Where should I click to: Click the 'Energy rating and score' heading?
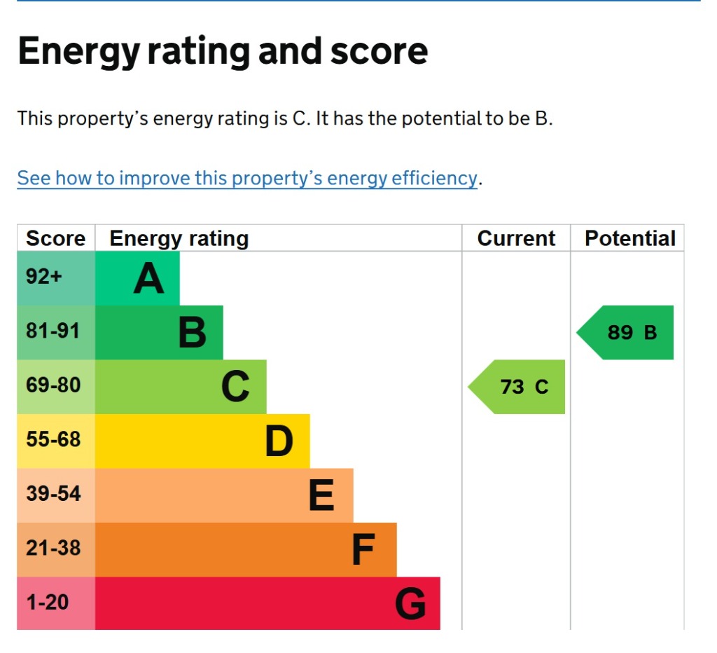[223, 52]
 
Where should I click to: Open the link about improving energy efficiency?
[247, 178]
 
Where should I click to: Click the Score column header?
[55, 239]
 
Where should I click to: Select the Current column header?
[516, 239]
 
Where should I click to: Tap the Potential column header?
[629, 239]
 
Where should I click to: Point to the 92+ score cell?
[45, 277]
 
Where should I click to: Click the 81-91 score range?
[53, 331]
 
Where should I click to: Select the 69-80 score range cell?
[53, 385]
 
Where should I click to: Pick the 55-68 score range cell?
[53, 439]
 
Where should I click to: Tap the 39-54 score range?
[53, 494]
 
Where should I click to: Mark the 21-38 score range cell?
[53, 548]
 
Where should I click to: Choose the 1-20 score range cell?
[48, 602]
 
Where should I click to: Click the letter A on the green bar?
[148, 279]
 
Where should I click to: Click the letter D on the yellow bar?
[279, 441]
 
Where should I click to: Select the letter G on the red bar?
[410, 604]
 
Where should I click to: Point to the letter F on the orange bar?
[363, 550]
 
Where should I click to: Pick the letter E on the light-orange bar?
[321, 496]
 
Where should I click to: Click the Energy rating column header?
[179, 239]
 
